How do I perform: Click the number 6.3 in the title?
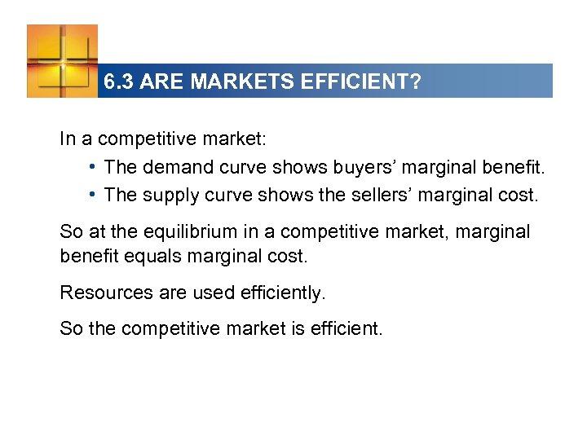pos(120,82)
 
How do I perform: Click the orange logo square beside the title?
pos(62,60)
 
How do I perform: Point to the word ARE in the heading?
pos(157,82)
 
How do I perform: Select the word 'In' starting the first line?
pos(67,139)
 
